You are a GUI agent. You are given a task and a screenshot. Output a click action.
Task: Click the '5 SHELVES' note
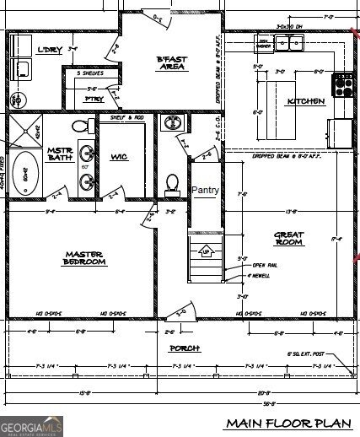coord(89,74)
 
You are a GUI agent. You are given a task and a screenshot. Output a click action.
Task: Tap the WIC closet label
coord(117,156)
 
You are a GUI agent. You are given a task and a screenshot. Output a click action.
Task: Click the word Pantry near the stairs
coord(205,191)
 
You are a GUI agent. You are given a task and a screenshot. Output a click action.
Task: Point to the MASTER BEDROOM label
coord(84,257)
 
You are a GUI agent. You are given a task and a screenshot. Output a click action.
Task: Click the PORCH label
coord(184,348)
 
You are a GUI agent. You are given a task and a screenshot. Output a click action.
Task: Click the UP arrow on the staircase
coord(203,251)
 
